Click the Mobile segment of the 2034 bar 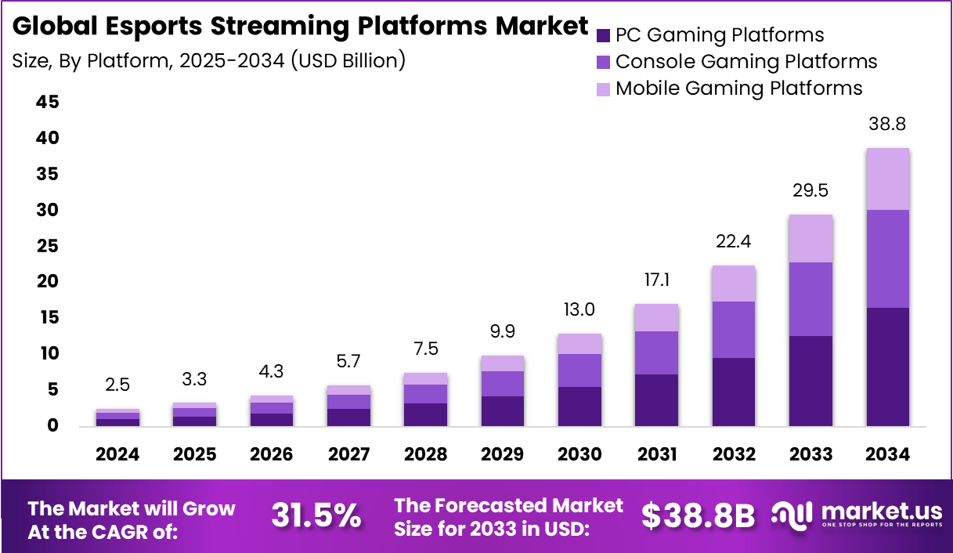point(887,179)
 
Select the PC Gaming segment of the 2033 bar point(810,381)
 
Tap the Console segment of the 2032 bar point(733,330)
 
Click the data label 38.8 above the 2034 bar point(887,125)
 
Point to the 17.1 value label point(656,280)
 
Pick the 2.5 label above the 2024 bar point(117,385)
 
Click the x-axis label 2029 point(502,455)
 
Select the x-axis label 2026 point(271,455)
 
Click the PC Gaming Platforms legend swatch point(603,35)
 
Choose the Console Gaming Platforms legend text point(745,62)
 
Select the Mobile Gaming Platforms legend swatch point(603,89)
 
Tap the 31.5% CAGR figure point(316,515)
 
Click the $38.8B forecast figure point(698,515)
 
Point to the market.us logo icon point(792,513)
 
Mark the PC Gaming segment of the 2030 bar point(579,406)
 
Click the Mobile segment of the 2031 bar point(656,317)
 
